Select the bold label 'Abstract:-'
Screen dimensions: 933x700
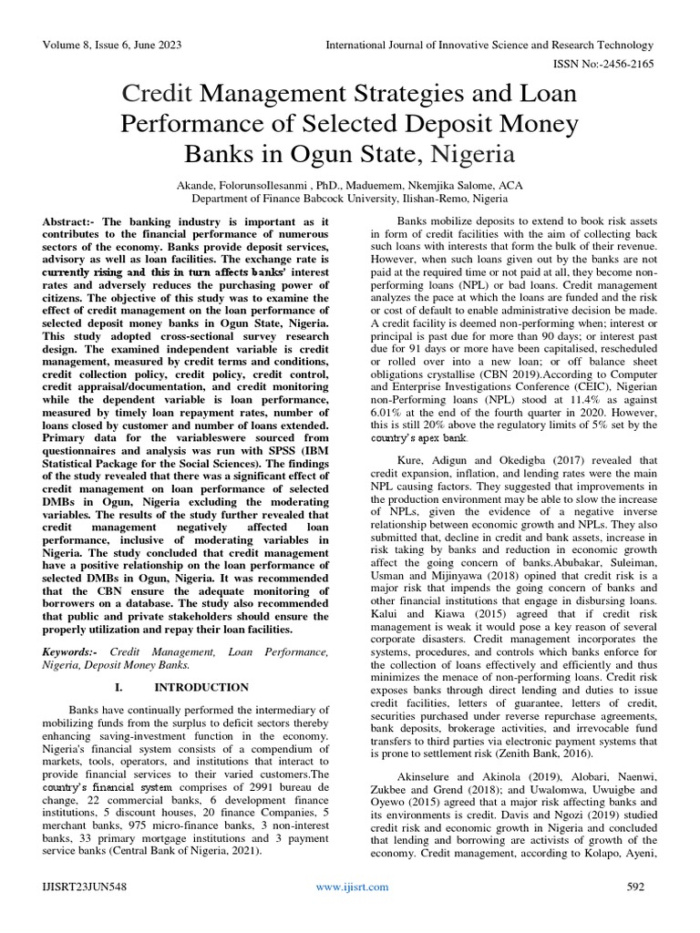[71, 222]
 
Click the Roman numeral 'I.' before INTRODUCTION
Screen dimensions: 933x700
[122, 687]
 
